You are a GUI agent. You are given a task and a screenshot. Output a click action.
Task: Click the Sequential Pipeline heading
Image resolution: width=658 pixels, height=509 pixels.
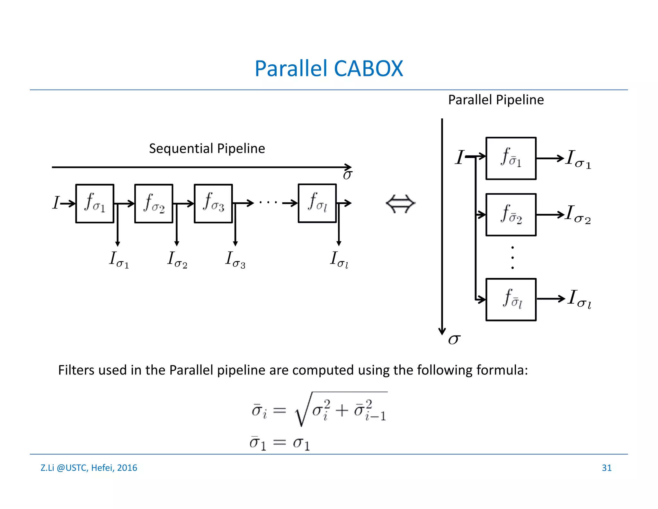pyautogui.click(x=207, y=149)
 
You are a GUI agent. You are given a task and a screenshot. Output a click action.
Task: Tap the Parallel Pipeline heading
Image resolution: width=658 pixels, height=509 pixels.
pyautogui.click(x=496, y=100)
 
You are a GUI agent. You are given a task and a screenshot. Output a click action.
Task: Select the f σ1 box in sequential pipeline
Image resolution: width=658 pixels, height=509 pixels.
pyautogui.click(x=95, y=203)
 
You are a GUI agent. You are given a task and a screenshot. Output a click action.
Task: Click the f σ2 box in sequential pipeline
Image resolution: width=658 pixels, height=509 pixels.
pyautogui.click(x=154, y=203)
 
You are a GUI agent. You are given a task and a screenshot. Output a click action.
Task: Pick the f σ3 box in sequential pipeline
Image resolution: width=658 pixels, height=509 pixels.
pyautogui.click(x=213, y=203)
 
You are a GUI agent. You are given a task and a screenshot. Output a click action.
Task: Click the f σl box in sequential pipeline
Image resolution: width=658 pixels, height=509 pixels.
pyautogui.click(x=317, y=203)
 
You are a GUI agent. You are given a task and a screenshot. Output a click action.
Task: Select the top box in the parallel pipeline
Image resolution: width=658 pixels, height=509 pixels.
pyautogui.click(x=511, y=158)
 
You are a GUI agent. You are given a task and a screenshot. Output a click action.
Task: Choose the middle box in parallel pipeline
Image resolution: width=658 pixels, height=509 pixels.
pyautogui.click(x=511, y=215)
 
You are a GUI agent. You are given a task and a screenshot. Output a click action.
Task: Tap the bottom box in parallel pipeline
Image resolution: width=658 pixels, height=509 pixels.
pyautogui.click(x=511, y=300)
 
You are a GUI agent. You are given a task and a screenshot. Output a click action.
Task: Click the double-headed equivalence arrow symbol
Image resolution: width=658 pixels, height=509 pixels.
pyautogui.click(x=400, y=204)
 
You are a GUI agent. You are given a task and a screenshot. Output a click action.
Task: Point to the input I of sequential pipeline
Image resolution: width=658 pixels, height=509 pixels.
pyautogui.click(x=56, y=203)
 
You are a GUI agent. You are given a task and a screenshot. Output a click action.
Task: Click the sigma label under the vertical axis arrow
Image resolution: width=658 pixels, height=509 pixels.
pyautogui.click(x=454, y=339)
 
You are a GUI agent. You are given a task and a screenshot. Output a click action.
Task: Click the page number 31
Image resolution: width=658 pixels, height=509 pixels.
pyautogui.click(x=606, y=468)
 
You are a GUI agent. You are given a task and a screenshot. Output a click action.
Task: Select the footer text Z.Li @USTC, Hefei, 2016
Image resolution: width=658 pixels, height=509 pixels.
pyautogui.click(x=89, y=468)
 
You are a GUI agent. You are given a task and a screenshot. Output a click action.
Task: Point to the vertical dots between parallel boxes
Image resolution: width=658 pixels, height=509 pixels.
pyautogui.click(x=512, y=257)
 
